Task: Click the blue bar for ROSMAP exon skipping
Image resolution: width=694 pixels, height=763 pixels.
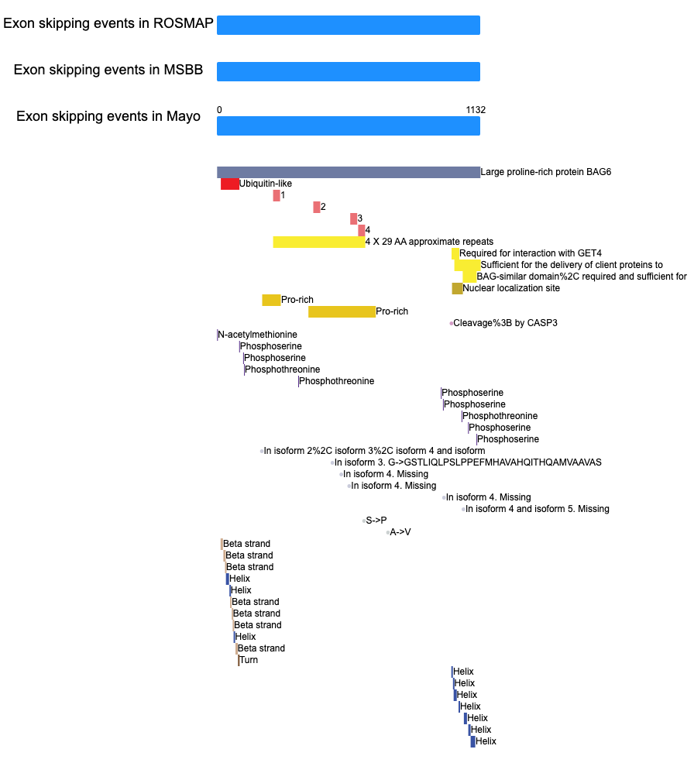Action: (349, 26)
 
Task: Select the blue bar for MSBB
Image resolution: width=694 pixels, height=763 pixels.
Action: (349, 71)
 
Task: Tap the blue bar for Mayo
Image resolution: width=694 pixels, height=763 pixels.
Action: (349, 125)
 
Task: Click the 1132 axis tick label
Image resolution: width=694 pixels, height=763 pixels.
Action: (476, 110)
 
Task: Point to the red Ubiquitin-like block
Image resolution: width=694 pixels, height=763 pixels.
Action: (230, 184)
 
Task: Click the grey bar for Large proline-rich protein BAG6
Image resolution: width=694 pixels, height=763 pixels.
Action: (349, 172)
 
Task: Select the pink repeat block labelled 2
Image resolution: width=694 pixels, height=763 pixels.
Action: (317, 208)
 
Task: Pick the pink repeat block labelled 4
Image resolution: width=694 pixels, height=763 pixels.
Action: (362, 231)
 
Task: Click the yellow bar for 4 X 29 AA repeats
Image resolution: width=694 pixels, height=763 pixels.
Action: (319, 242)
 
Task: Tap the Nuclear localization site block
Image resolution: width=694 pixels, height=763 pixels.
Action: (458, 289)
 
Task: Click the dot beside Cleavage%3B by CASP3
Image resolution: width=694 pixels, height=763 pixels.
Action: (451, 323)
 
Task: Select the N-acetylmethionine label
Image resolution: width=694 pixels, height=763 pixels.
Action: (257, 335)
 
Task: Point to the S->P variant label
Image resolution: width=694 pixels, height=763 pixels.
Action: (376, 521)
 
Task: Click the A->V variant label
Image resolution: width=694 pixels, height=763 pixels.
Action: (400, 532)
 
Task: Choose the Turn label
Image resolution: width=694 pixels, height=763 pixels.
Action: (249, 660)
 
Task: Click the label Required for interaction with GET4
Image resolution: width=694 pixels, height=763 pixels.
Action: (531, 253)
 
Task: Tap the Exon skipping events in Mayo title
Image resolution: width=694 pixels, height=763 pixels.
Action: (108, 116)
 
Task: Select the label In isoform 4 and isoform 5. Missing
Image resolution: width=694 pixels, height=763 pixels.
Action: (538, 509)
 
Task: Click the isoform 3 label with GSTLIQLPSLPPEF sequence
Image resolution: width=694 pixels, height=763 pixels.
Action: (468, 462)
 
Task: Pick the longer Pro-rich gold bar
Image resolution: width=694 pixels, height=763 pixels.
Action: (342, 312)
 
